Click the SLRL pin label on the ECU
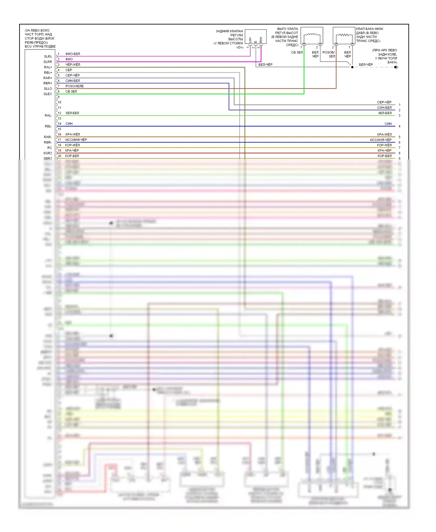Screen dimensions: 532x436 48,56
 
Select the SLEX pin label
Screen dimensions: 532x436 48,94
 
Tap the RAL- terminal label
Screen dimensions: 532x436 48,116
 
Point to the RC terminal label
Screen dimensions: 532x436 50,148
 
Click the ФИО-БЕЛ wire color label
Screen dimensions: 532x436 73,54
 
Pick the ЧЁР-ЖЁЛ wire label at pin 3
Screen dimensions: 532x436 73,65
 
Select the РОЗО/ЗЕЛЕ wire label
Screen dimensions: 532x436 74,86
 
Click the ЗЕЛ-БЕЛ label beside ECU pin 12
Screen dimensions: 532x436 72,113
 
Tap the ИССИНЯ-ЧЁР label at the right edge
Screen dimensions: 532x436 380,140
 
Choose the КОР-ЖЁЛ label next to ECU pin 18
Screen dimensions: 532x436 72,145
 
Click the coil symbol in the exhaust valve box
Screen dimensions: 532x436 312,35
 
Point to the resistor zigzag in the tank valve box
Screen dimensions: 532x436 344,35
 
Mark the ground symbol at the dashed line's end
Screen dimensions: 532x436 396,67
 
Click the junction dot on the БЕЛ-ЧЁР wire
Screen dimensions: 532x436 352,67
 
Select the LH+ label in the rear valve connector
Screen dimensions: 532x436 250,40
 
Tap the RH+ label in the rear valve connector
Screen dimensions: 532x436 261,40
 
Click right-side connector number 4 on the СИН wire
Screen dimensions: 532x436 400,127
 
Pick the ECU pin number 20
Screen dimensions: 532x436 60,156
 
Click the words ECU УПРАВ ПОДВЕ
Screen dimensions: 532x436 40,47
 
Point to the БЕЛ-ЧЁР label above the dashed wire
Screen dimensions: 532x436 366,65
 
